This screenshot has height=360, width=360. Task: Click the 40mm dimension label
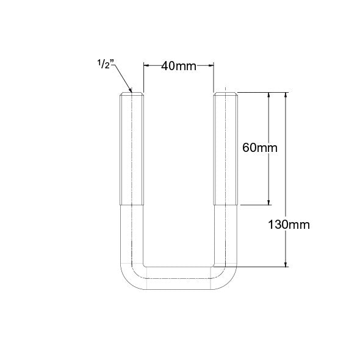coord(178,66)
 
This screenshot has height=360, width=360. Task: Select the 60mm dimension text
coord(259,148)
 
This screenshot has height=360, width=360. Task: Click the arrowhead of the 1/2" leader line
coord(130,92)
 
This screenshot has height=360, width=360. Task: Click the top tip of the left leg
coord(132,93)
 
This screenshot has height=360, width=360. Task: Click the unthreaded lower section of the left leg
coord(132,235)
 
